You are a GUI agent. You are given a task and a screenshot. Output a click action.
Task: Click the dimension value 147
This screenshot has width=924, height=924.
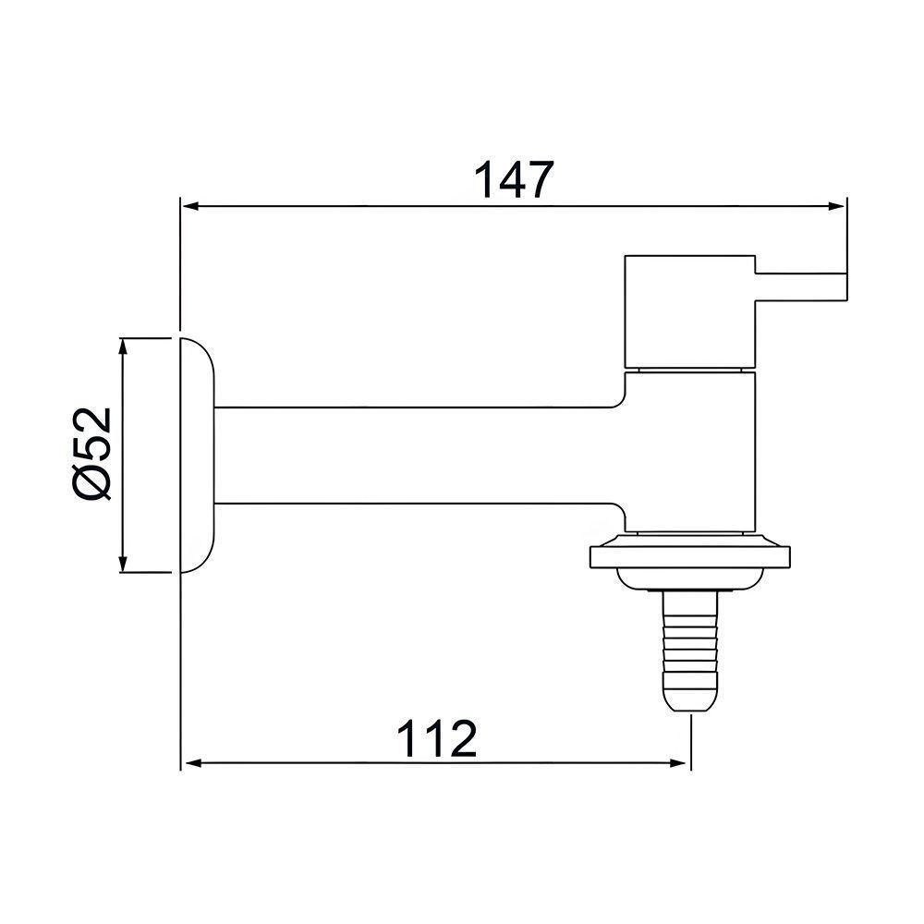click(514, 179)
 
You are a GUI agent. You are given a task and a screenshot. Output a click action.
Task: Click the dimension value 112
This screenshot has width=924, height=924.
click(437, 739)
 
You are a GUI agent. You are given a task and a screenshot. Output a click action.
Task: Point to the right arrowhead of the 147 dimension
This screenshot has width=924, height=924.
click(837, 207)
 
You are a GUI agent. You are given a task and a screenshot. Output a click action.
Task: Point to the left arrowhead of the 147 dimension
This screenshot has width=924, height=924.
click(188, 207)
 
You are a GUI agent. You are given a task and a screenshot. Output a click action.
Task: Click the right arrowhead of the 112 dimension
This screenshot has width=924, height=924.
click(681, 764)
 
